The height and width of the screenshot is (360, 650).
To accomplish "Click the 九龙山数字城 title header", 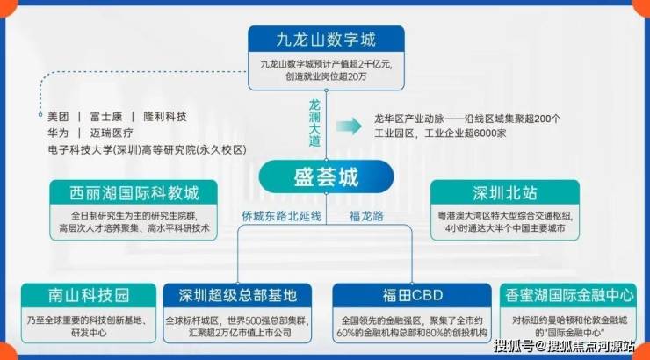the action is pyautogui.click(x=326, y=39).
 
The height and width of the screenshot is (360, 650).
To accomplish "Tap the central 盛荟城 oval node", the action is pyautogui.click(x=326, y=176).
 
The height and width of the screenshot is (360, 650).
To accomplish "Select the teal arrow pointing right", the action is pyautogui.click(x=349, y=126).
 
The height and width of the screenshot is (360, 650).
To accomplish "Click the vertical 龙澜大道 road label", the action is pyautogui.click(x=314, y=123).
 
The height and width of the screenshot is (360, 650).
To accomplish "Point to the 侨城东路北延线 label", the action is pyautogui.click(x=281, y=216).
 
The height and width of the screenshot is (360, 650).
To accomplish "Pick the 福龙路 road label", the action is pyautogui.click(x=366, y=216).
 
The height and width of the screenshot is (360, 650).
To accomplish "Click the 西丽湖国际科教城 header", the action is pyautogui.click(x=134, y=192).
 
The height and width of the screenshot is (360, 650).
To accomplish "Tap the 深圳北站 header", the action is pyautogui.click(x=505, y=192).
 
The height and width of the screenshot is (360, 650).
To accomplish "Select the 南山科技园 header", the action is pyautogui.click(x=89, y=295).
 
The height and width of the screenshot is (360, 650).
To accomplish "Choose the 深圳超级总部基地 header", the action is pyautogui.click(x=237, y=295).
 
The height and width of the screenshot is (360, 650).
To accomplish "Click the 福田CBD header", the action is pyautogui.click(x=412, y=295).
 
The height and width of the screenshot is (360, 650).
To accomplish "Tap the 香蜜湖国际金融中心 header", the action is pyautogui.click(x=569, y=295).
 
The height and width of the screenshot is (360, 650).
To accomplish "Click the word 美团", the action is pyautogui.click(x=58, y=117).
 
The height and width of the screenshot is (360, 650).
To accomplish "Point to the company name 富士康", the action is pyautogui.click(x=106, y=117).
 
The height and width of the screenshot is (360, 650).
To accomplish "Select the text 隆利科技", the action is pyautogui.click(x=165, y=117).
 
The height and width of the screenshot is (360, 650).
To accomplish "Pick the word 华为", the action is pyautogui.click(x=58, y=133).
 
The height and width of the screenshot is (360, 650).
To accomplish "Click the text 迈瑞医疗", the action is pyautogui.click(x=112, y=133).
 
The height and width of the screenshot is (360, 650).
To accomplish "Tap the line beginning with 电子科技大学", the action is pyautogui.click(x=148, y=149).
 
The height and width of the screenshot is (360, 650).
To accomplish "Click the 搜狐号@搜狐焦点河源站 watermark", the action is pyautogui.click(x=564, y=346).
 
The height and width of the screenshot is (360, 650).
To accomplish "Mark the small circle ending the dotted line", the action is pyautogui.click(x=40, y=114).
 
